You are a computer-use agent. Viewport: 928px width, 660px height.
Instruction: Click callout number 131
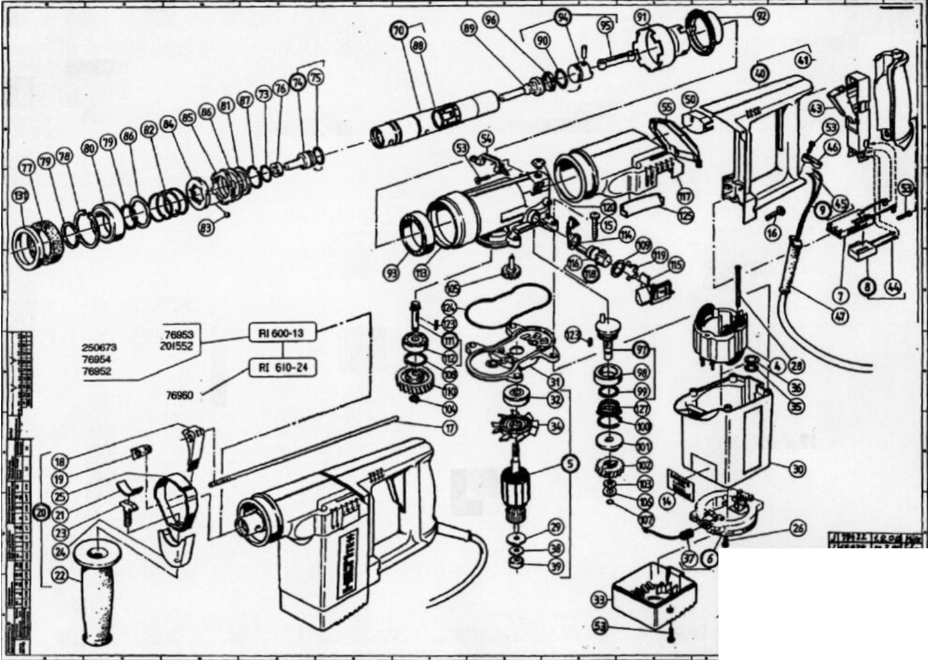(22, 197)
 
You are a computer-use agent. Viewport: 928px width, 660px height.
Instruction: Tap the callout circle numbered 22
(60, 575)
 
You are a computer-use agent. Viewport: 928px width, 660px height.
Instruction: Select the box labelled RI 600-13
(281, 333)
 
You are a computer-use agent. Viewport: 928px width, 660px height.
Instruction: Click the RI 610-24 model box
(283, 367)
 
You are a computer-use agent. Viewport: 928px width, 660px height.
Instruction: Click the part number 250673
(99, 347)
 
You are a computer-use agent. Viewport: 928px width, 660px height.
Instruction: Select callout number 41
(802, 60)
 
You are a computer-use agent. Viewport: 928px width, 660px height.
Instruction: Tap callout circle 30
(797, 469)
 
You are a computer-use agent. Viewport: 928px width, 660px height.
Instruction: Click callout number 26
(798, 529)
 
